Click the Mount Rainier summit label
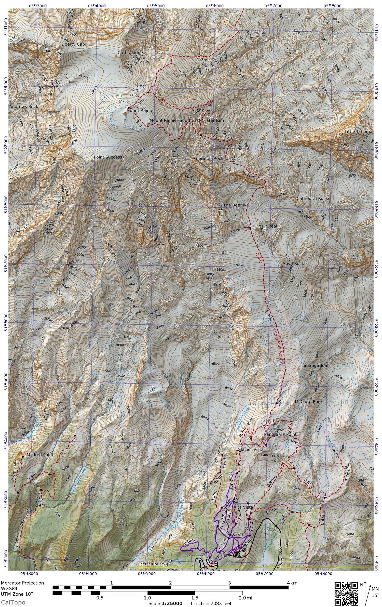pyautogui.click(x=141, y=111)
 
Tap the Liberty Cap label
pyautogui.click(x=73, y=44)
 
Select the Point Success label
pyautogui.click(x=108, y=157)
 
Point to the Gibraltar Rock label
pyautogui.click(x=208, y=159)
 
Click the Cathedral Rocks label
pyautogui.click(x=313, y=199)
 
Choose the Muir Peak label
pyautogui.click(x=268, y=226)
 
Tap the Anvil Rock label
pyautogui.click(x=293, y=263)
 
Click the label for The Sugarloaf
pyautogui.click(x=314, y=365)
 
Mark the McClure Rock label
pyautogui.click(x=308, y=402)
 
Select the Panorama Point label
pyautogui.click(x=280, y=434)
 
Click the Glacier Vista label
pyautogui.click(x=250, y=450)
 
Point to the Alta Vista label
pyautogui.click(x=243, y=507)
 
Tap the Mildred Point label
pyautogui.click(x=40, y=455)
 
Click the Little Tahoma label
pyautogui.click(x=358, y=131)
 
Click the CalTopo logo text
pyautogui.click(x=13, y=602)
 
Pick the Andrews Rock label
pyautogui.click(x=23, y=107)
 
